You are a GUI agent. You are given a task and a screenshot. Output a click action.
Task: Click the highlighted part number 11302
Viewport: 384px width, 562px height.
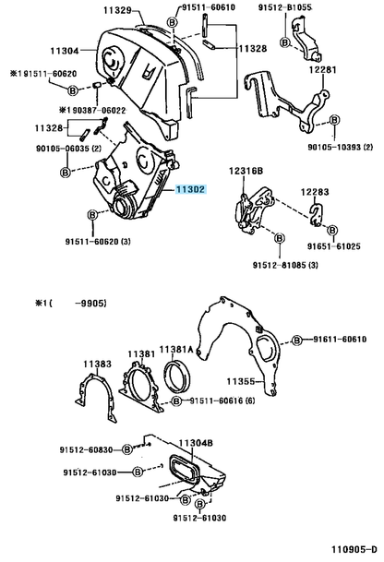point(190,189)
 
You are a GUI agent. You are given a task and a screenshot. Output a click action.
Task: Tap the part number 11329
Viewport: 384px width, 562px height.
point(117,10)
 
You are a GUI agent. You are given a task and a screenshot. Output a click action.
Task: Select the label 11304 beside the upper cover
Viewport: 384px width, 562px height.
point(65,51)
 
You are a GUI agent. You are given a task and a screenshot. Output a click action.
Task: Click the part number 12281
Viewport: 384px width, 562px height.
point(323,69)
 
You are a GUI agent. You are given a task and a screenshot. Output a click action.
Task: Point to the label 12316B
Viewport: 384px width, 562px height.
point(246,172)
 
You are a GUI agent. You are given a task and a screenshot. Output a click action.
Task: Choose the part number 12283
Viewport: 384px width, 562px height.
point(315,192)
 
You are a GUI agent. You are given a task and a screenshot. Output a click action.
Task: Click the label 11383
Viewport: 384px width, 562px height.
point(98,365)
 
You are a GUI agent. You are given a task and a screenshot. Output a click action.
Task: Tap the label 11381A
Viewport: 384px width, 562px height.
point(176,350)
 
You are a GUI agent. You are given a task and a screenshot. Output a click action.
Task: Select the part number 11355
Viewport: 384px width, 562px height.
point(240,381)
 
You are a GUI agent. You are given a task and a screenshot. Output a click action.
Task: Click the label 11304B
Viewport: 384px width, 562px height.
point(196,443)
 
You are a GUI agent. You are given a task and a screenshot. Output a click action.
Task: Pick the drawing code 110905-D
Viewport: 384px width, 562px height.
point(354,549)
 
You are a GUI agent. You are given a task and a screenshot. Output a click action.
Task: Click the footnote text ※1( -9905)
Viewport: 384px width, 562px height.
point(71,304)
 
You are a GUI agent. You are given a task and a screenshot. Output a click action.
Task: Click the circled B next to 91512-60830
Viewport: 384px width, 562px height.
point(127,449)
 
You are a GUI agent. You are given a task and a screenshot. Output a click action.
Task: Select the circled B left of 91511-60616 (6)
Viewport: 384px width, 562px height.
point(176,401)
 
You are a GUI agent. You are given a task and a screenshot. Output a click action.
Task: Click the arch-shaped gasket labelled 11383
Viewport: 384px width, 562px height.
point(82,389)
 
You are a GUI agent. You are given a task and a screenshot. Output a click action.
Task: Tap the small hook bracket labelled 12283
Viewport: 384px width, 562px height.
point(317,216)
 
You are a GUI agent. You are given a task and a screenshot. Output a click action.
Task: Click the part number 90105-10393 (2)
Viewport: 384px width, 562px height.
point(340,147)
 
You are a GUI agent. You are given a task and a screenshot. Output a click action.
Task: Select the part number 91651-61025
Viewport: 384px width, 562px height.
point(334,246)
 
